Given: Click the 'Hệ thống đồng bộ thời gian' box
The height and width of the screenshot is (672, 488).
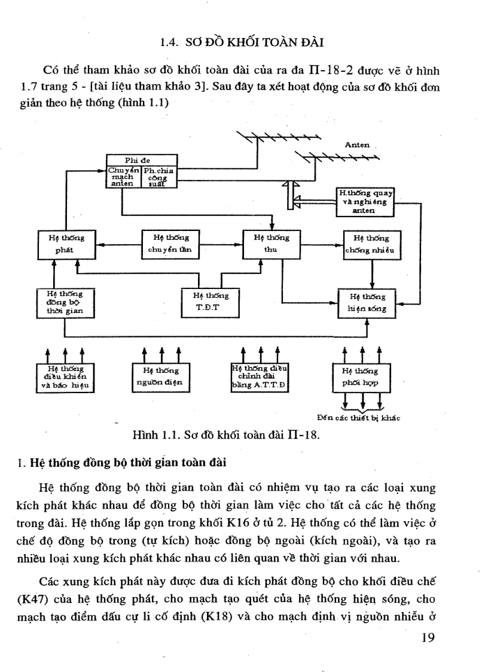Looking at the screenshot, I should pos(64,303).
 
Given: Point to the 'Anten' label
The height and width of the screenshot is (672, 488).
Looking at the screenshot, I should pos(357,145).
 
